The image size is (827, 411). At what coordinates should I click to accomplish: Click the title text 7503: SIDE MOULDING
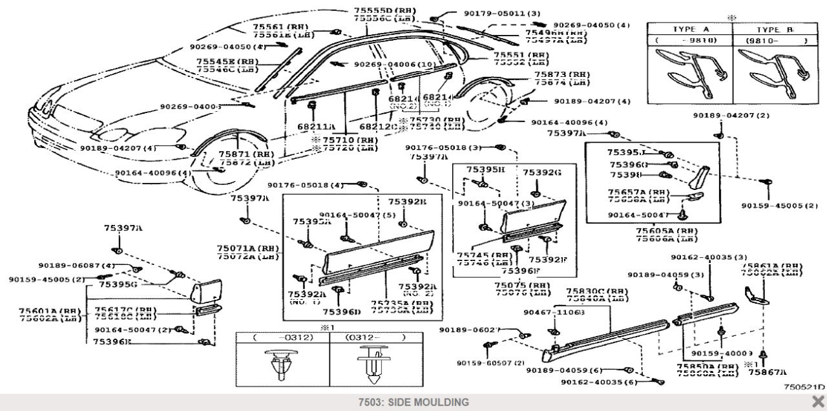[413, 403]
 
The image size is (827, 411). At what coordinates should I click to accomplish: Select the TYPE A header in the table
[689, 30]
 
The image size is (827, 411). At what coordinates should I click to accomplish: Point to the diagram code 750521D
[804, 386]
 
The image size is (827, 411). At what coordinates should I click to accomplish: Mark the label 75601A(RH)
[50, 311]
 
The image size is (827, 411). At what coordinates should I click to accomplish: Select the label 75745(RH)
[480, 255]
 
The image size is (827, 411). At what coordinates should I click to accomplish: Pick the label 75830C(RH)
[596, 291]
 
